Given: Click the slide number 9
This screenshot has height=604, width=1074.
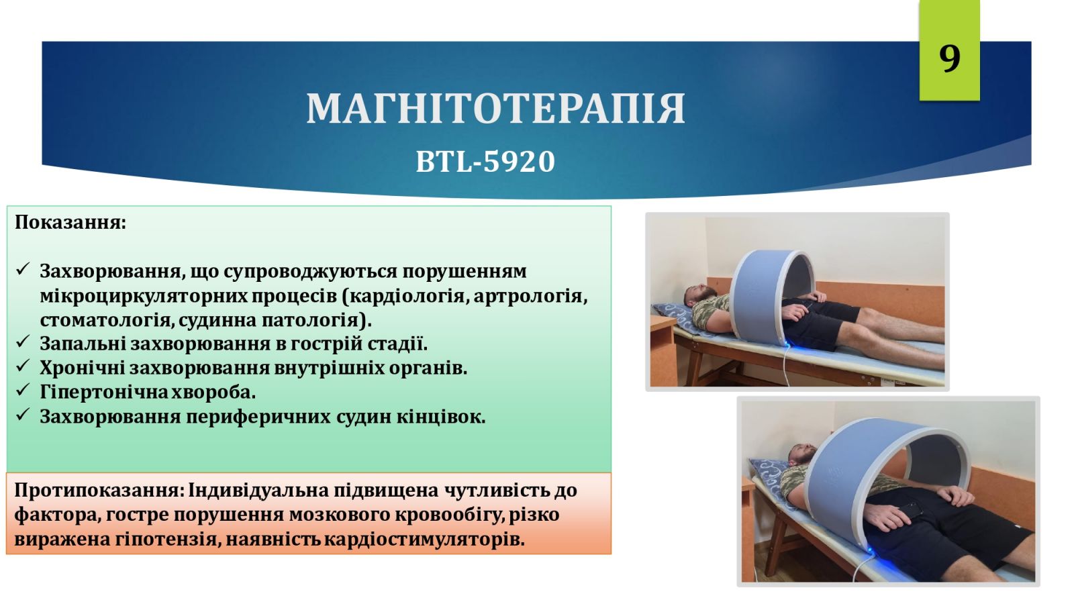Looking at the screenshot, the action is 949,58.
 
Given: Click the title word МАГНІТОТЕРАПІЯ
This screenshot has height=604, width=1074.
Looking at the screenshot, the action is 496,109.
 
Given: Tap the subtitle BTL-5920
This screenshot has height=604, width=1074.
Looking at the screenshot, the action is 485,161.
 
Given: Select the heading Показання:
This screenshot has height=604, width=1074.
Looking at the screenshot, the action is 70,222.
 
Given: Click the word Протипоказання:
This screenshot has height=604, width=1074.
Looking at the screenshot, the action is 99,491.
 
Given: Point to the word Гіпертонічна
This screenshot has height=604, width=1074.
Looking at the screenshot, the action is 103,393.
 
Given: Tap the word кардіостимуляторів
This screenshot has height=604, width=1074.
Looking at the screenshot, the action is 424,540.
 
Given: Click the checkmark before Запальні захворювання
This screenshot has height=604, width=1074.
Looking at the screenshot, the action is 23,342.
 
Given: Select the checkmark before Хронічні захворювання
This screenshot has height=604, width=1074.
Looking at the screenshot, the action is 23,366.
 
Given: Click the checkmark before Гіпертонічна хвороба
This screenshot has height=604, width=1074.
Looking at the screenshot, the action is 23,390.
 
